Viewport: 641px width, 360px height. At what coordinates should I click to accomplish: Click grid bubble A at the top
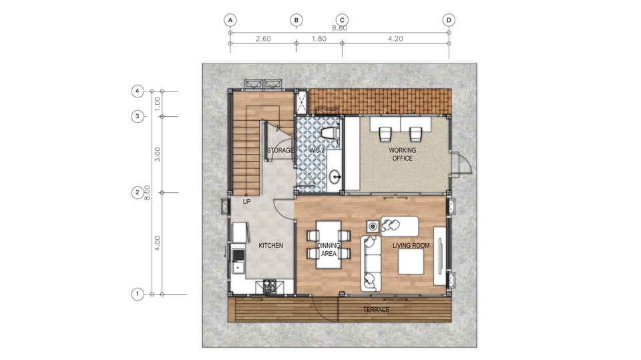point(230,20)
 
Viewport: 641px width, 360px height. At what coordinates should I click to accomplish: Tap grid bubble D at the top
point(449,20)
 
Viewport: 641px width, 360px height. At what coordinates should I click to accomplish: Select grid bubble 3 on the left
point(138,117)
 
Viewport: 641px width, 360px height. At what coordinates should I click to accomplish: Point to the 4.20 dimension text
point(395,39)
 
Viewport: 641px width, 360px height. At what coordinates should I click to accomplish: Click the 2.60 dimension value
point(263,39)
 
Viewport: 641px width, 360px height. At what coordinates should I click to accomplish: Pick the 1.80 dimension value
point(319,39)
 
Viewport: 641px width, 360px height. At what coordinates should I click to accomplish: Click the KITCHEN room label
point(270,246)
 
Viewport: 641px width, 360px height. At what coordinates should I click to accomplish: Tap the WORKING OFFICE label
point(402,154)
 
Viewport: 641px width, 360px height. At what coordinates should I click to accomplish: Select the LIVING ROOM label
point(411,246)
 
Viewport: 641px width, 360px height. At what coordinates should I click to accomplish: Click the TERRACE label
point(376,310)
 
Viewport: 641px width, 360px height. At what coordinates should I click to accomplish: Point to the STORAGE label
point(280,150)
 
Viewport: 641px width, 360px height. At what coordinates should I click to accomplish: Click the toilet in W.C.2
point(330,133)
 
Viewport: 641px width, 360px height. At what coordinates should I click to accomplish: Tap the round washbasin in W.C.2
point(335,177)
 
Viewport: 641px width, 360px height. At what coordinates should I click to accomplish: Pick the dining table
point(329,244)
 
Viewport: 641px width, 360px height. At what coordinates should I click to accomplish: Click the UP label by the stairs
point(246,202)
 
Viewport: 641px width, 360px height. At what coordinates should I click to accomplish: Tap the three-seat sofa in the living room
point(371,263)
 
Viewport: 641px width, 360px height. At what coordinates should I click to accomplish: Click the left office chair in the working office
point(385,134)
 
